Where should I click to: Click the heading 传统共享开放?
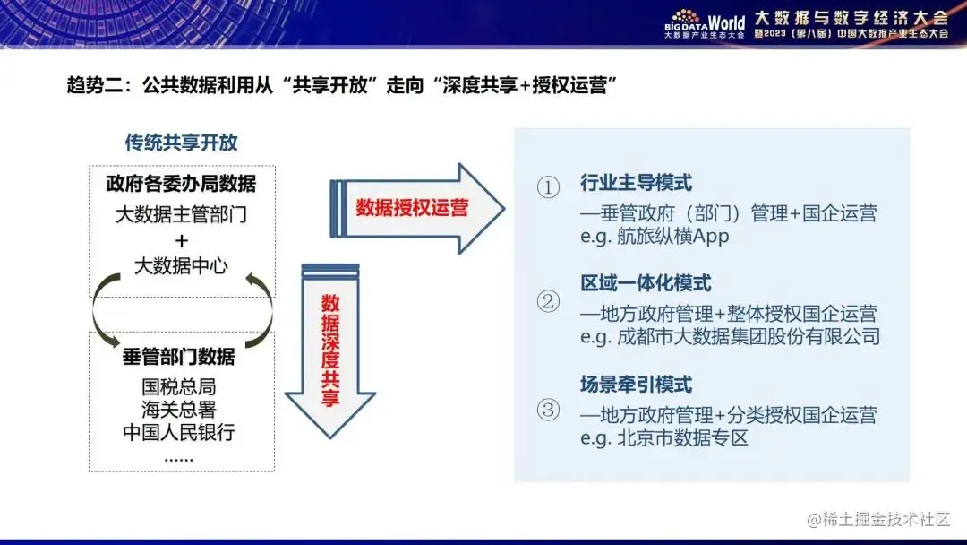tap(181, 143)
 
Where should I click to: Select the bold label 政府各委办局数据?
tap(181, 184)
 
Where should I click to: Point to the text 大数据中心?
tap(181, 266)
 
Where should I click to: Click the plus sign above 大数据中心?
tap(182, 240)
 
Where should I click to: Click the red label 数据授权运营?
tap(412, 208)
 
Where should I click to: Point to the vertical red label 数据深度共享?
tap(330, 350)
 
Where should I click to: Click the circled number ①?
tap(548, 187)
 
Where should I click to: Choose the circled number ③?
tap(548, 411)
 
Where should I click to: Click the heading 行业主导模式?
tap(636, 183)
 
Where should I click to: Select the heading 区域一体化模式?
tap(646, 283)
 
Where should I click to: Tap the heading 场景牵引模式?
tap(636, 385)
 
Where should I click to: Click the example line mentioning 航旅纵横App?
tap(655, 237)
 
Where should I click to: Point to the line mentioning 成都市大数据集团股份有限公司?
tap(730, 337)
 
